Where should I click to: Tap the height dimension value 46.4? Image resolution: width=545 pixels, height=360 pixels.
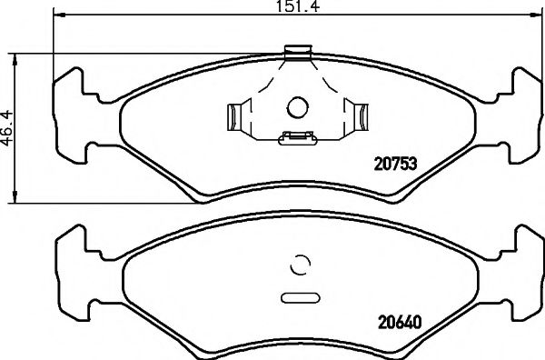click(9, 126)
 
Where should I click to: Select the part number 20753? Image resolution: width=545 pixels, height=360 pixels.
click(396, 165)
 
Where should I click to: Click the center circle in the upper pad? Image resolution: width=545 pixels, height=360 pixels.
click(299, 107)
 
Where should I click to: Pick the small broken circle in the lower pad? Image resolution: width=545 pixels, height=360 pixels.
click(299, 265)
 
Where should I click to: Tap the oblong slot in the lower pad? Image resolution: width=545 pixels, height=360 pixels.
click(299, 296)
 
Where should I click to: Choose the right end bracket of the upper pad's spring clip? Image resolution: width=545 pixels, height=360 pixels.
click(361, 117)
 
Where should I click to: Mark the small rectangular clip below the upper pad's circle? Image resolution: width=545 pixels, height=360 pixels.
click(297, 138)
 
